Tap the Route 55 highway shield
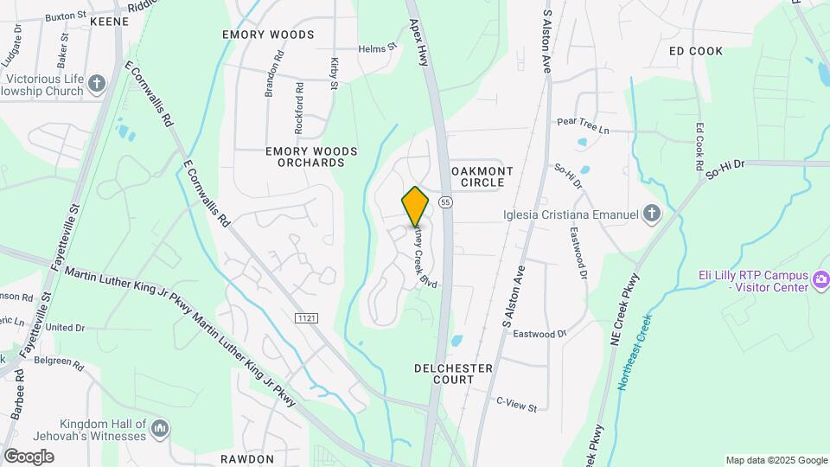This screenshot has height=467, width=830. tap(445, 202)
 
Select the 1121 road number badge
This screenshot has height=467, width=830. tap(307, 318)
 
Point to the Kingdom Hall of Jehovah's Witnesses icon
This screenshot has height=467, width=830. tap(159, 429)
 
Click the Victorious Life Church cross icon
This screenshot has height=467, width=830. tap(97, 84)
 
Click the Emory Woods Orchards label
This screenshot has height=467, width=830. tap(311, 157)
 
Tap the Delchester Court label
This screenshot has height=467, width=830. tap(453, 374)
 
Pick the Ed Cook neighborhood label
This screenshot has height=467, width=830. tap(696, 51)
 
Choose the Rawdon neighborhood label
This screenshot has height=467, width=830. tap(246, 459)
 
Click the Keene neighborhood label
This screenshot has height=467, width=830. tap(109, 19)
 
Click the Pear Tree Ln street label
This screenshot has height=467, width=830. tap(583, 125)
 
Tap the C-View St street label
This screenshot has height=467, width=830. tap(516, 403)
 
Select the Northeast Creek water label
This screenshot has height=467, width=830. tap(635, 352)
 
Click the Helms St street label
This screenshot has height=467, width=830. tap(376, 48)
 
